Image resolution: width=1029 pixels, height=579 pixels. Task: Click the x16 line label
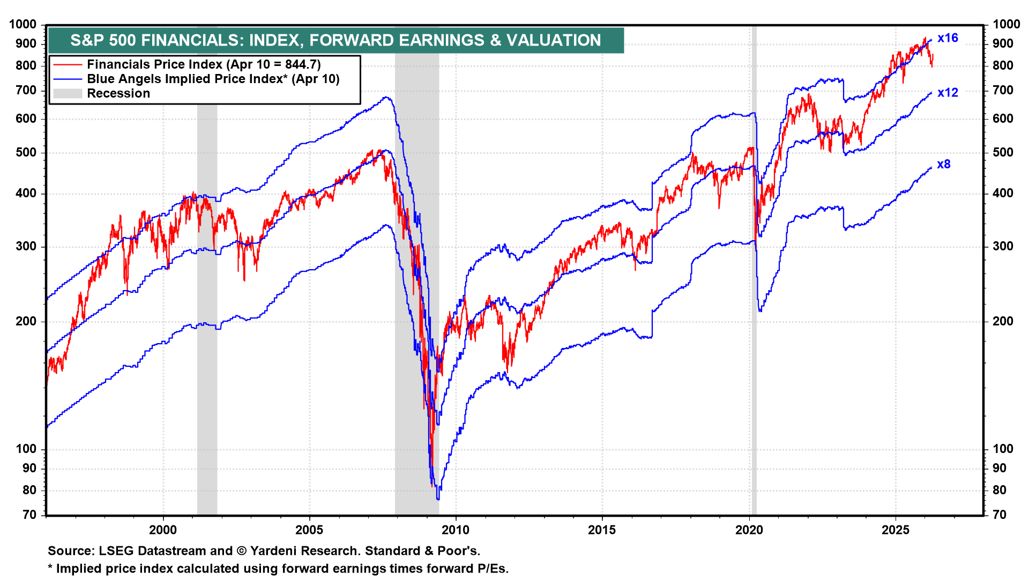(948, 38)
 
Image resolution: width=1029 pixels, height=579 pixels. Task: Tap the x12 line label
(948, 93)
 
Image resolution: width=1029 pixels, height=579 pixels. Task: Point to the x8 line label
(944, 165)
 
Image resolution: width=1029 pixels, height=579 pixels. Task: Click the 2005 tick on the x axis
(309, 530)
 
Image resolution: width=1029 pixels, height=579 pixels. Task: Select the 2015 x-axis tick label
(602, 530)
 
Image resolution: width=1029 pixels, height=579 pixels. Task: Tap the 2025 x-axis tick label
(896, 530)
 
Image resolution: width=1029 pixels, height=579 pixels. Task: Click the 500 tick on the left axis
(26, 152)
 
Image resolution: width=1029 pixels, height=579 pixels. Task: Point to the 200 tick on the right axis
(1003, 321)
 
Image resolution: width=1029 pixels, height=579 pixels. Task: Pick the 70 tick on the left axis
(29, 515)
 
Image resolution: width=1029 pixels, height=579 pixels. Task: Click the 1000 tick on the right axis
(1006, 24)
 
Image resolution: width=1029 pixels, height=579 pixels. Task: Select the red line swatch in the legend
(68, 65)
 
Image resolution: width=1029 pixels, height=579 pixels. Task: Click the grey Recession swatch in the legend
(68, 94)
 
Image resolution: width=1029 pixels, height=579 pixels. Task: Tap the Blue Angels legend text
(213, 79)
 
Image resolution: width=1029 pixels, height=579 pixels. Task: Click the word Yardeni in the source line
(272, 551)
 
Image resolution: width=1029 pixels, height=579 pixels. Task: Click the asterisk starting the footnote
(50, 568)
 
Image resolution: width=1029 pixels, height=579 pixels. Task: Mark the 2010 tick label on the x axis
(456, 530)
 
